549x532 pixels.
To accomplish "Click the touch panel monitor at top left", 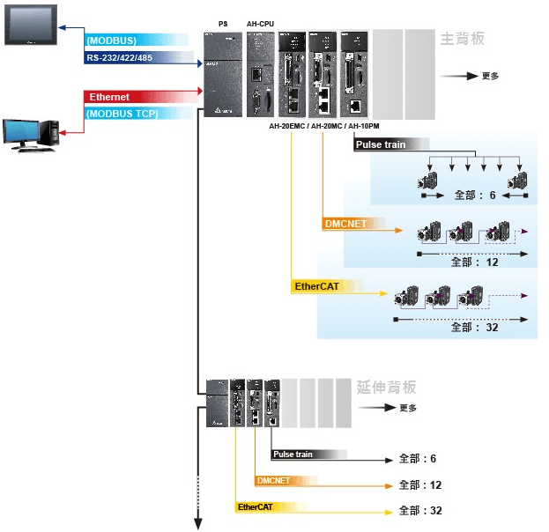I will (x=31, y=25).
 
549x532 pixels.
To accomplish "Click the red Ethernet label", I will (x=110, y=97).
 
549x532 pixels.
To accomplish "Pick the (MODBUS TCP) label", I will (x=122, y=114).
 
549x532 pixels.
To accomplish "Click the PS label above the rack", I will (x=222, y=24).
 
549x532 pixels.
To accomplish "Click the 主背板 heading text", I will (x=463, y=40).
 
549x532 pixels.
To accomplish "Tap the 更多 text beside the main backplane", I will (x=491, y=77).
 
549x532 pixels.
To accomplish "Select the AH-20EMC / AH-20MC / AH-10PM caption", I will (x=324, y=127).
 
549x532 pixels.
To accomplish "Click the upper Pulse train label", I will (x=382, y=144).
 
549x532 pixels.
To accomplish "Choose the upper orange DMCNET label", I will (x=345, y=224).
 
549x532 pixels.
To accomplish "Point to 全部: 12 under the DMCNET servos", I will (x=475, y=262).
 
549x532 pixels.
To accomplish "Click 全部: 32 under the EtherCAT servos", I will (x=475, y=327).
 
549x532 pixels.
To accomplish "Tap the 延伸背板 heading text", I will (x=387, y=388).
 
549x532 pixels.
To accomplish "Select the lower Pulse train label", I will (x=293, y=454).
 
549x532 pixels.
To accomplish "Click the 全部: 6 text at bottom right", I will (x=418, y=459).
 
